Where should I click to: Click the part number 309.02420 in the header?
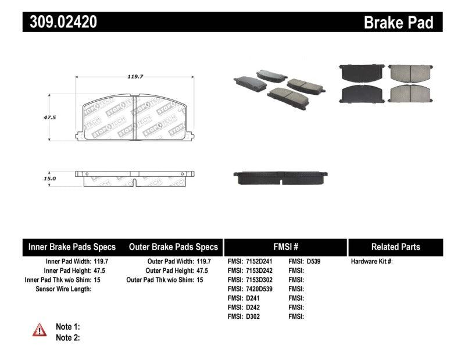point(60,23)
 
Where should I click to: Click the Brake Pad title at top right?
point(398,23)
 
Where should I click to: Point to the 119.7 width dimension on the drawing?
point(135,76)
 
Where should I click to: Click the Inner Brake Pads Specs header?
point(72,247)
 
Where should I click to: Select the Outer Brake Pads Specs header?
point(173,247)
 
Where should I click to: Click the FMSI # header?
point(285,247)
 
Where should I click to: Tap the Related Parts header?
point(395,247)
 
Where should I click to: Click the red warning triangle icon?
point(40,330)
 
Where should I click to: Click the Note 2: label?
point(67,337)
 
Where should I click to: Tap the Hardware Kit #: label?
point(372,262)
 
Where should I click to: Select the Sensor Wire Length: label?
point(63,289)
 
